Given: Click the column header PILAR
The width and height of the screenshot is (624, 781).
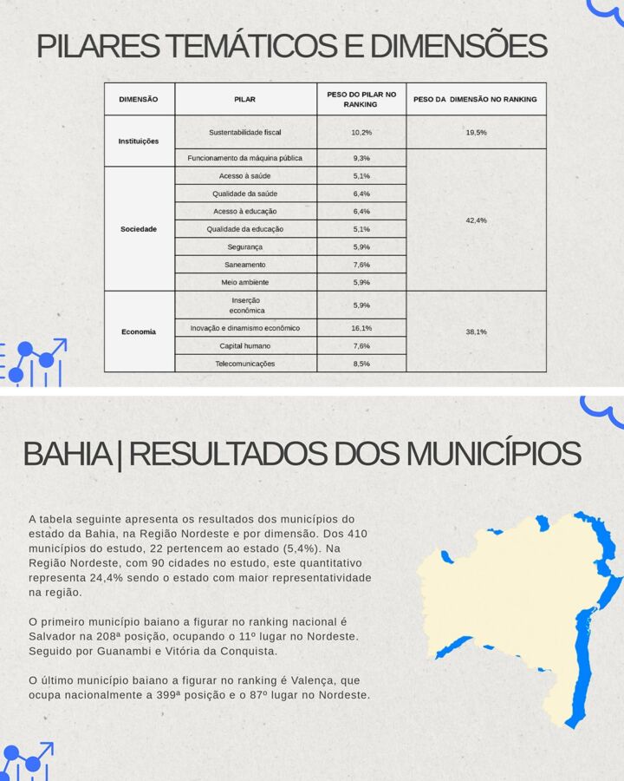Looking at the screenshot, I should click(245, 99).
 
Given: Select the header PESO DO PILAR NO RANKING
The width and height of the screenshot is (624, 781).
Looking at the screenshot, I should click(361, 99).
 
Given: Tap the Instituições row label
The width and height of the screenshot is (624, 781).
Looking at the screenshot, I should click(139, 141).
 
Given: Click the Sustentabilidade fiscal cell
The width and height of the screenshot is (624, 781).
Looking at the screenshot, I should click(245, 132).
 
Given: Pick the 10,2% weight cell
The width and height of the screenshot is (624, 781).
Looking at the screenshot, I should click(361, 132).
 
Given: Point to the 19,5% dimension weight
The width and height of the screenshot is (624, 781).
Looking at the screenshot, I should click(476, 132).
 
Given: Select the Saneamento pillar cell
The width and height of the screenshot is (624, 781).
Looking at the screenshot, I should click(245, 265).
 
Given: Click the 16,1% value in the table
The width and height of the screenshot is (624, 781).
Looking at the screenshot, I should click(361, 328).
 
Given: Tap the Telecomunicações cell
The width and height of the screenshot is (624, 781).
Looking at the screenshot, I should click(245, 364).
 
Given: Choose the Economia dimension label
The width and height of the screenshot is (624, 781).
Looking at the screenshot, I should click(139, 331).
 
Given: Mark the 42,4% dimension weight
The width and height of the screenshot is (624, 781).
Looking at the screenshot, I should click(476, 220).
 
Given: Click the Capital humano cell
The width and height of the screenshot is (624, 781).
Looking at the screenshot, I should click(245, 345).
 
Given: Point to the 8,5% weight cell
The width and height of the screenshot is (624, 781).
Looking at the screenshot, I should click(361, 364).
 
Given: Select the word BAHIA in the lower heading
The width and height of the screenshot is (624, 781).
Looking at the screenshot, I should click(68, 454).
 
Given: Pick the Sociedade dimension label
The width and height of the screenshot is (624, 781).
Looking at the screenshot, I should click(139, 229).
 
